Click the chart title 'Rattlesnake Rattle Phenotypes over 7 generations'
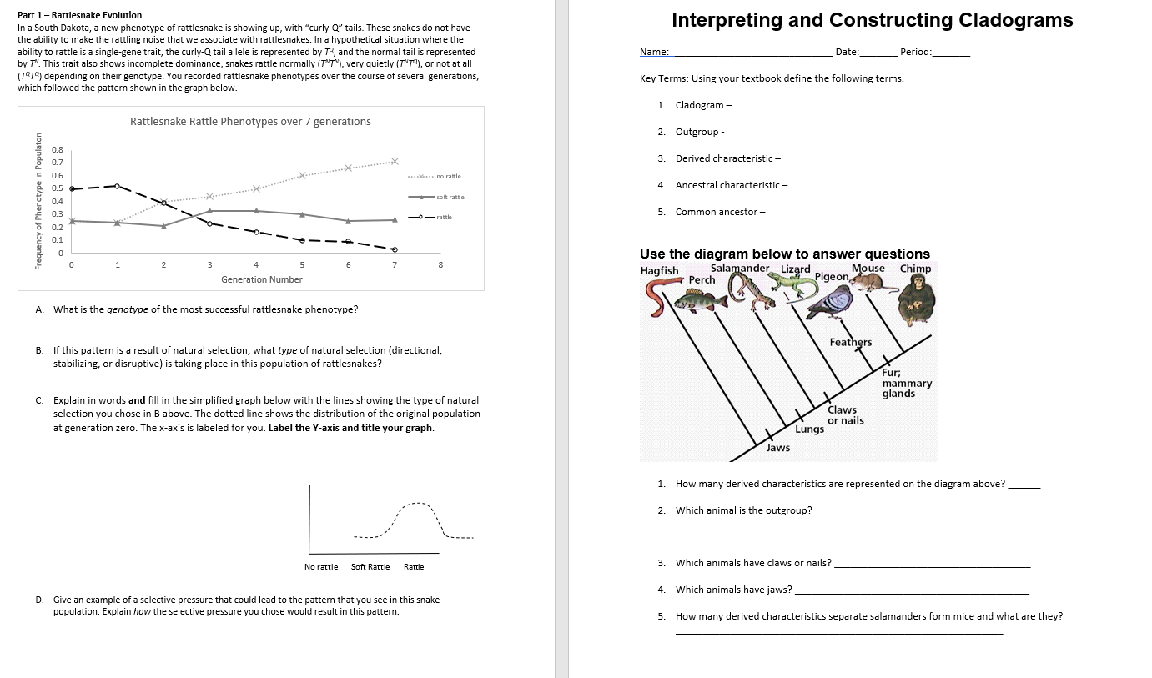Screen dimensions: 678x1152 coord(250,122)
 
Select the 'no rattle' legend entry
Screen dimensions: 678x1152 coord(448,176)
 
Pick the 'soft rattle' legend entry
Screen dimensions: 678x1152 coord(450,197)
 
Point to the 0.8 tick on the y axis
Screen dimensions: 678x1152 coord(58,149)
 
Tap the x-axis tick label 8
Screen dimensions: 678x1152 coord(441,265)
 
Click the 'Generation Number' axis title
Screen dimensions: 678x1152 coord(262,279)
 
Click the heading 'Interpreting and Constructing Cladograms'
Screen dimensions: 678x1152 coord(872,20)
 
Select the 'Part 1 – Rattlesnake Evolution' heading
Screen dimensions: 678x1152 coord(80,15)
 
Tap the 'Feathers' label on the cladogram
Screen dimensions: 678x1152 coord(850,342)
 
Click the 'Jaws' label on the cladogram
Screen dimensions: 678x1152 coord(777,448)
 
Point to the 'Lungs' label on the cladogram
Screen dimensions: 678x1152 coord(809,429)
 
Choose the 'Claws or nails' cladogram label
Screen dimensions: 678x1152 coord(845,415)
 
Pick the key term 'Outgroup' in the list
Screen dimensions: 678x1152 coord(697,132)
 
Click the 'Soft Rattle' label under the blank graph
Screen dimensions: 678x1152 coord(370,567)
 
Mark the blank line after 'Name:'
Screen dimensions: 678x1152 coord(751,53)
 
